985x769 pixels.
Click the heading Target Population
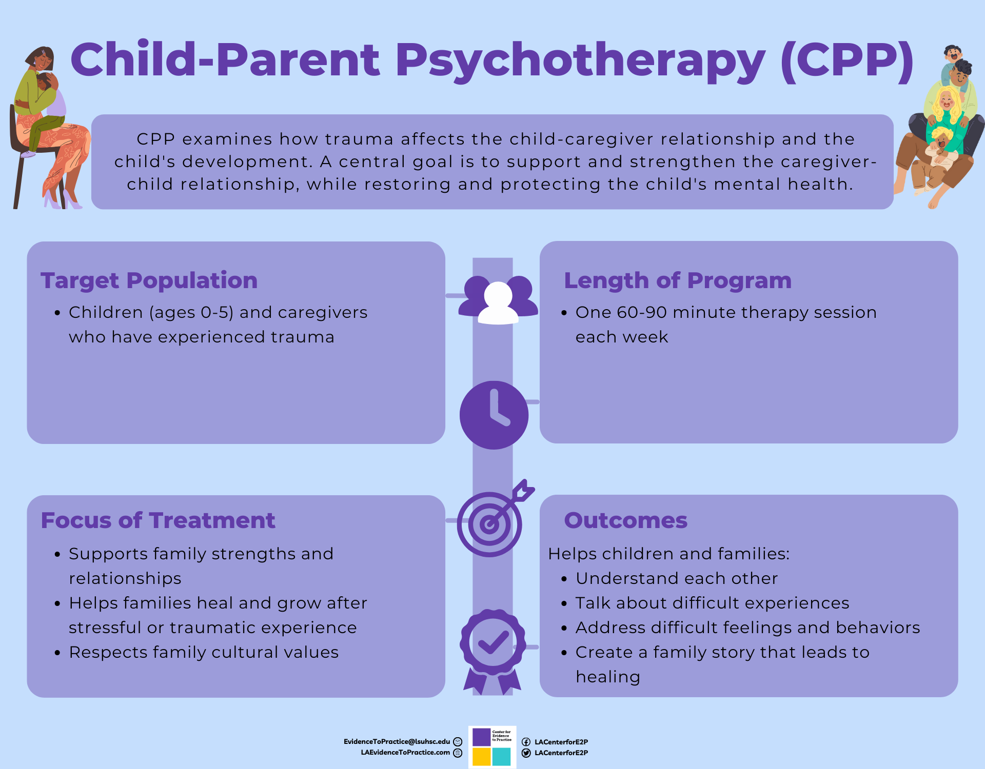[x=149, y=281]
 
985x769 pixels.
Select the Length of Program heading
[x=678, y=281]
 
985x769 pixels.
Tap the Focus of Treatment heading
[x=158, y=520]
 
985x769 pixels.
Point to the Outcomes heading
[x=625, y=520]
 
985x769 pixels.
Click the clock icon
[x=494, y=415]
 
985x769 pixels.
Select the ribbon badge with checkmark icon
[x=493, y=652]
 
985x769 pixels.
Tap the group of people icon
[x=498, y=300]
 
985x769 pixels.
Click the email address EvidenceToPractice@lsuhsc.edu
[x=397, y=742]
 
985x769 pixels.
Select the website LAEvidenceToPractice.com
[x=405, y=753]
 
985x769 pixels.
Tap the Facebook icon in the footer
[x=526, y=742]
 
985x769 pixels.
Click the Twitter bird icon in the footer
[x=526, y=753]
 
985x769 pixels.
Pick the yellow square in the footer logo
[x=481, y=757]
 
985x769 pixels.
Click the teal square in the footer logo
[x=502, y=757]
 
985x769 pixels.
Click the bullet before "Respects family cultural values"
[x=57, y=653]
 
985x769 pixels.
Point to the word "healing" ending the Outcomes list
[x=608, y=677]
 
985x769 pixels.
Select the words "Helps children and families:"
[x=669, y=554]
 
